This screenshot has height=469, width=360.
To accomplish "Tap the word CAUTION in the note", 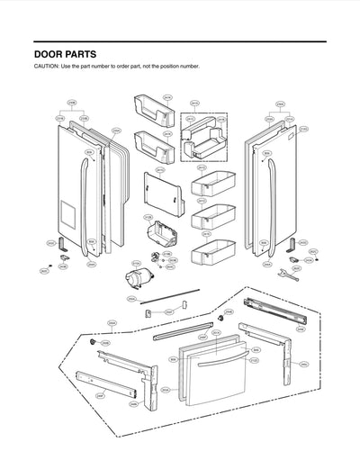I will point(47,68).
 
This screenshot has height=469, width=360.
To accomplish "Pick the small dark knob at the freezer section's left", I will point(94,345).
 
